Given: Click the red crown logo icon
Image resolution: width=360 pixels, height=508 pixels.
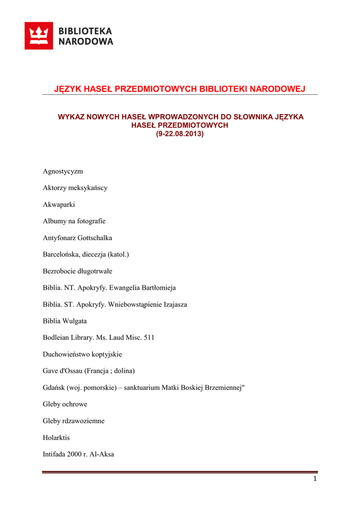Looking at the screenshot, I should coord(39,36).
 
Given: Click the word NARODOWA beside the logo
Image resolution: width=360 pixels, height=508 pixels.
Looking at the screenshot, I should coord(86,42).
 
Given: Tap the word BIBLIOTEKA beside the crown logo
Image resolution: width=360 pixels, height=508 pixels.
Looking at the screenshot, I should coord(86,31).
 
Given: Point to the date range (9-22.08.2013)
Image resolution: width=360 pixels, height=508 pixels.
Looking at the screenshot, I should coord(180,134).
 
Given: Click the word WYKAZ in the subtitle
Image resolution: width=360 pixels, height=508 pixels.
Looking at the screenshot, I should coord(71,117).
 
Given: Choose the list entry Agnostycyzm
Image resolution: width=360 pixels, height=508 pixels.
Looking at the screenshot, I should coord(63,171).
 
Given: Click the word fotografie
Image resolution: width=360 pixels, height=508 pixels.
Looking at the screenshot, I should coord(90,221).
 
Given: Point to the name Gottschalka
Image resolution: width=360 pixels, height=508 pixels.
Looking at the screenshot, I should coord(93,238).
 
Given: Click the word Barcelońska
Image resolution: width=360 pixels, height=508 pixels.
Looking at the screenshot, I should coord(61,254).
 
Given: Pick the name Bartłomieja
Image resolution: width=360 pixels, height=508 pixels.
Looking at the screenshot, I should coord(157,288).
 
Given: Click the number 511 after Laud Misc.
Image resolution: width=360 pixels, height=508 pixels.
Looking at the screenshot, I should coord(149,338).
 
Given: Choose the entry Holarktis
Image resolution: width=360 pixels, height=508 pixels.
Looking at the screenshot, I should coord(57,438).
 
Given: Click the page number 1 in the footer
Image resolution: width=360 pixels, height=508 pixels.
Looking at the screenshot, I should coord(315,479).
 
